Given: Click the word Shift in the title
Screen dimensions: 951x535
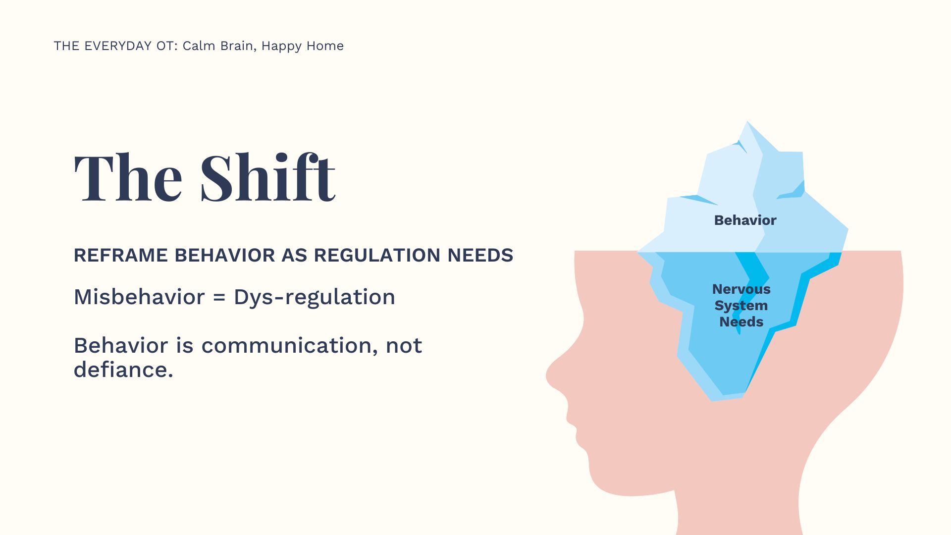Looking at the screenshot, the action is (x=267, y=177).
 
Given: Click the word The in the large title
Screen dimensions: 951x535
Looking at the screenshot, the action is (x=128, y=177).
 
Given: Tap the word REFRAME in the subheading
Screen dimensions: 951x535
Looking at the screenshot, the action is (x=121, y=255).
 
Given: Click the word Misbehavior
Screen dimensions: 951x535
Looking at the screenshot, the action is (x=139, y=297).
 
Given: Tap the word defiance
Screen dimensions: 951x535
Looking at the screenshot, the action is (x=123, y=370).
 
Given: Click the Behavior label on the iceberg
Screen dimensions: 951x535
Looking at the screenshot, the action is (x=745, y=220).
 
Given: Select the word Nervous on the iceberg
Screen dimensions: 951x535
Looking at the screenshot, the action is (x=741, y=289).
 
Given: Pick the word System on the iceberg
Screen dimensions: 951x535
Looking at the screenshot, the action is (x=741, y=306).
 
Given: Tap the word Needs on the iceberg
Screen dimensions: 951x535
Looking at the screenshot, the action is (x=741, y=321).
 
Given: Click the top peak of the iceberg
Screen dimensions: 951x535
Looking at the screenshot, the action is (x=747, y=122).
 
